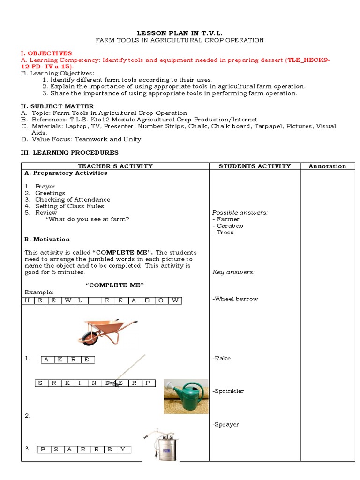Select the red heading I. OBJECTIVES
pyautogui.click(x=46, y=53)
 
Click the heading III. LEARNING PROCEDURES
pyautogui.click(x=70, y=152)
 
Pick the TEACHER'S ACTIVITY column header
pyautogui.click(x=115, y=166)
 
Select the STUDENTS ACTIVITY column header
pyautogui.click(x=255, y=166)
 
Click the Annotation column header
pyautogui.click(x=328, y=166)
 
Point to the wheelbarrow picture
pyautogui.click(x=110, y=331)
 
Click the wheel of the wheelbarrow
pyautogui.click(x=89, y=337)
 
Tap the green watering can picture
pyautogui.click(x=186, y=396)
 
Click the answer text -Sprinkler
pyautogui.click(x=228, y=391)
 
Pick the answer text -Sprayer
pyautogui.click(x=225, y=424)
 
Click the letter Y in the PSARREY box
pyautogui.click(x=123, y=450)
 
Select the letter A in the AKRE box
pyautogui.click(x=47, y=360)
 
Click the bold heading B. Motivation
pyautogui.click(x=47, y=239)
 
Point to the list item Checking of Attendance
pyautogui.click(x=73, y=199)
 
